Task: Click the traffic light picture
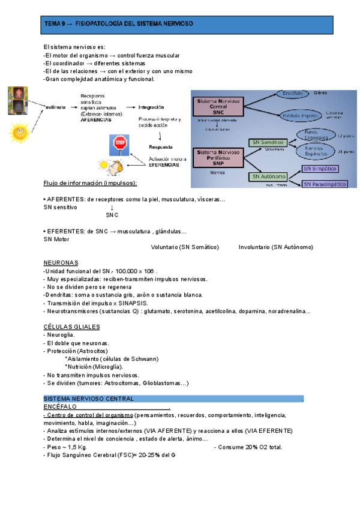(x=18, y=100)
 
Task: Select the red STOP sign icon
(x=121, y=143)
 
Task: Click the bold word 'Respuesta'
(x=160, y=146)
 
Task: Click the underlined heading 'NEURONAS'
(x=61, y=263)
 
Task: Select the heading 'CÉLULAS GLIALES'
(x=71, y=327)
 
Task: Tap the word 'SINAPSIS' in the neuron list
(x=136, y=303)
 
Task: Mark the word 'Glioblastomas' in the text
(x=161, y=382)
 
